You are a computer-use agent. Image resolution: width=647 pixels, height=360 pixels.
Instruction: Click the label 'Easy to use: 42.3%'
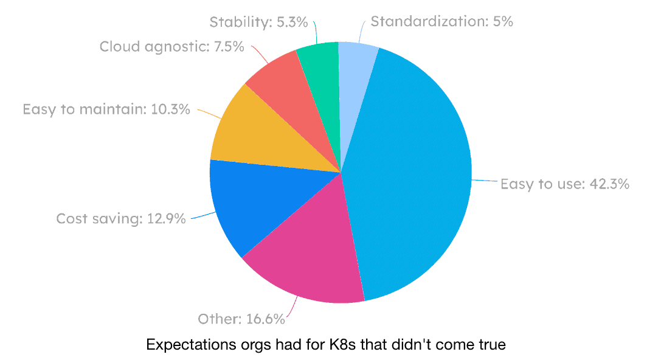coord(564,184)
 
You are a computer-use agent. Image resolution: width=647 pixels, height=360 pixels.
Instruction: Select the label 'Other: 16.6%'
coord(241,319)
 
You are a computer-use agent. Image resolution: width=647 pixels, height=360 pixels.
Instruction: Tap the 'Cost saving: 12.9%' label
coord(121,218)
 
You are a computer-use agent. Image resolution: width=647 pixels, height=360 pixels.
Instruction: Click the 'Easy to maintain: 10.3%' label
coord(106,109)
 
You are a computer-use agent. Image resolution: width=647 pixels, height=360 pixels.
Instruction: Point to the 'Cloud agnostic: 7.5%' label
coord(171,47)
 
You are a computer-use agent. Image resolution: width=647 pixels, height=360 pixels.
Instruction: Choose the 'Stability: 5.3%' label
coord(258,22)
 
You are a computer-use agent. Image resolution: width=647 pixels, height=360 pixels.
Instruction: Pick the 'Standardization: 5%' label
coord(442,21)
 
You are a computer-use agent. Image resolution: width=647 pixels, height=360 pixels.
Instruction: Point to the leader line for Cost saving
coord(204,215)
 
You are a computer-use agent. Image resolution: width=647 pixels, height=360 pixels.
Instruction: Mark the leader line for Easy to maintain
coord(209,114)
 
